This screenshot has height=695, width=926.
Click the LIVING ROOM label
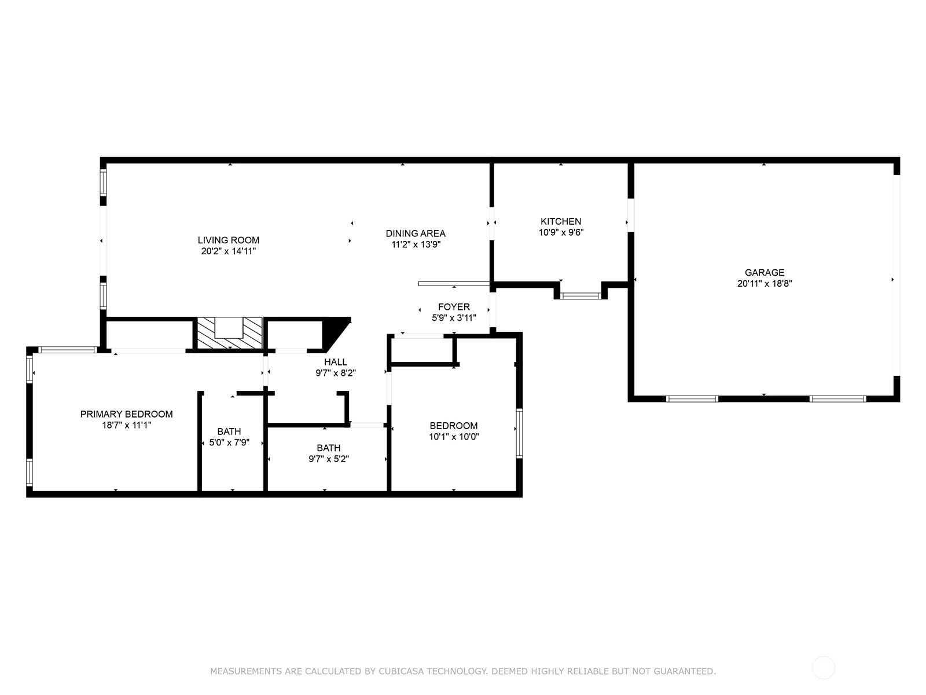coord(228,240)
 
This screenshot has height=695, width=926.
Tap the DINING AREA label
coord(416,233)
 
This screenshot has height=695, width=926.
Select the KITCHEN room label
coord(561,221)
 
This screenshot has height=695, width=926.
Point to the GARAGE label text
coord(765,273)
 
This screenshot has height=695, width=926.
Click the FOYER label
coord(454,307)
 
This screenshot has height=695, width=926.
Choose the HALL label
coord(336,362)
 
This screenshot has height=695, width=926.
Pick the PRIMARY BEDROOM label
coord(127,414)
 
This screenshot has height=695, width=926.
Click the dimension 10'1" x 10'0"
coord(454,437)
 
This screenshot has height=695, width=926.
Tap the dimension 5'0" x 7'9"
coord(230,442)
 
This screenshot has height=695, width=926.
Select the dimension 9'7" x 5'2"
coord(329,459)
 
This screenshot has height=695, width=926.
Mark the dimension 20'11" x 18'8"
coord(765,284)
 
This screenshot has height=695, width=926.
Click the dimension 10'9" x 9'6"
coord(561,232)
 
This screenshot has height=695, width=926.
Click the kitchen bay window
coord(580,296)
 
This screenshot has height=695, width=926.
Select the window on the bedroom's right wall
coord(519,433)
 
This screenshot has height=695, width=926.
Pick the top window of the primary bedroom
coord(68,349)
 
